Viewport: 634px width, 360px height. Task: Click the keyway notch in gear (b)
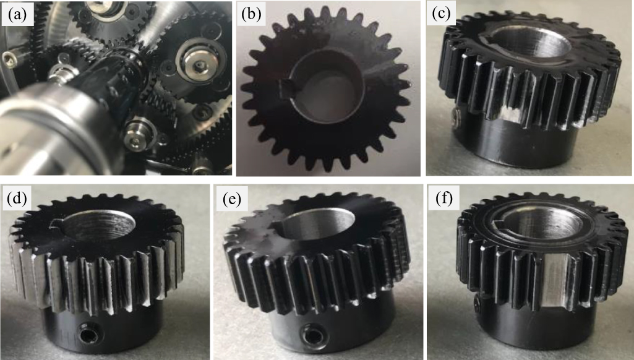tap(285, 87)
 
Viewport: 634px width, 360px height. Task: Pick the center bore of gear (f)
tap(547, 226)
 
